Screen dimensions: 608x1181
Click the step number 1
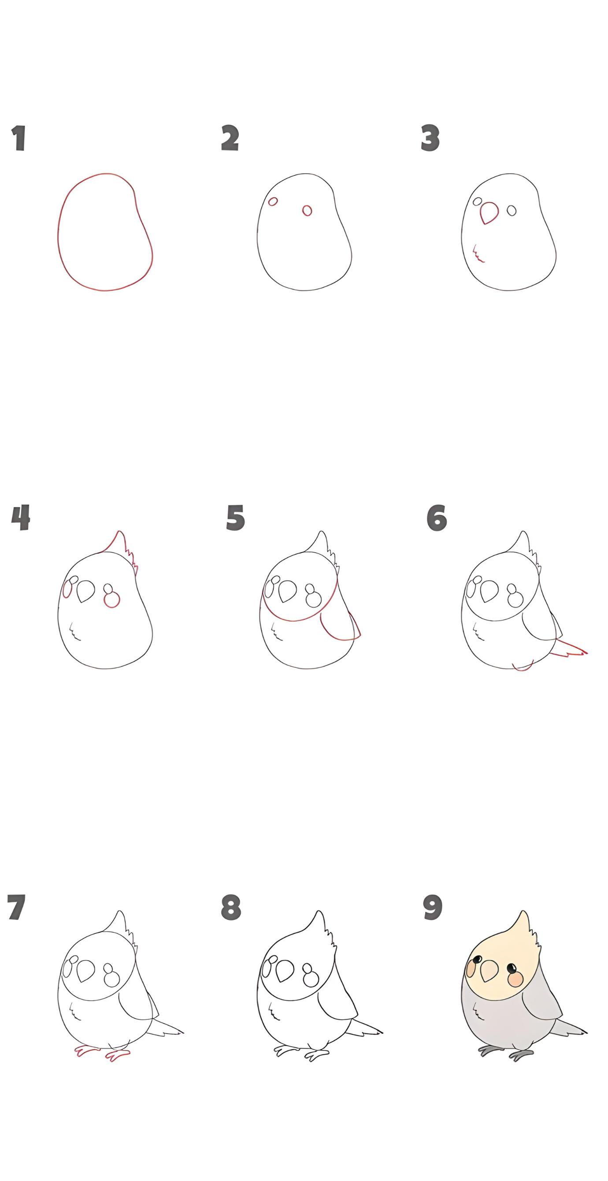coord(19,138)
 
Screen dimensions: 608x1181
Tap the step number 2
coord(230,137)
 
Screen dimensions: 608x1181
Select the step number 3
coord(430,138)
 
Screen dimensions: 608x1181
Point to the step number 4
coord(21,517)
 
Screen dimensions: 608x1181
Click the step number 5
coord(236,518)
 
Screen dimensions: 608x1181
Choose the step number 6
coord(437,518)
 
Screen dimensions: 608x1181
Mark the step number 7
coord(16,907)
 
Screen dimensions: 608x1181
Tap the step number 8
coord(231,907)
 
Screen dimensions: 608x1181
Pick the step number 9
coord(433,907)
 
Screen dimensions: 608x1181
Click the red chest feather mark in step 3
coord(478,254)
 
